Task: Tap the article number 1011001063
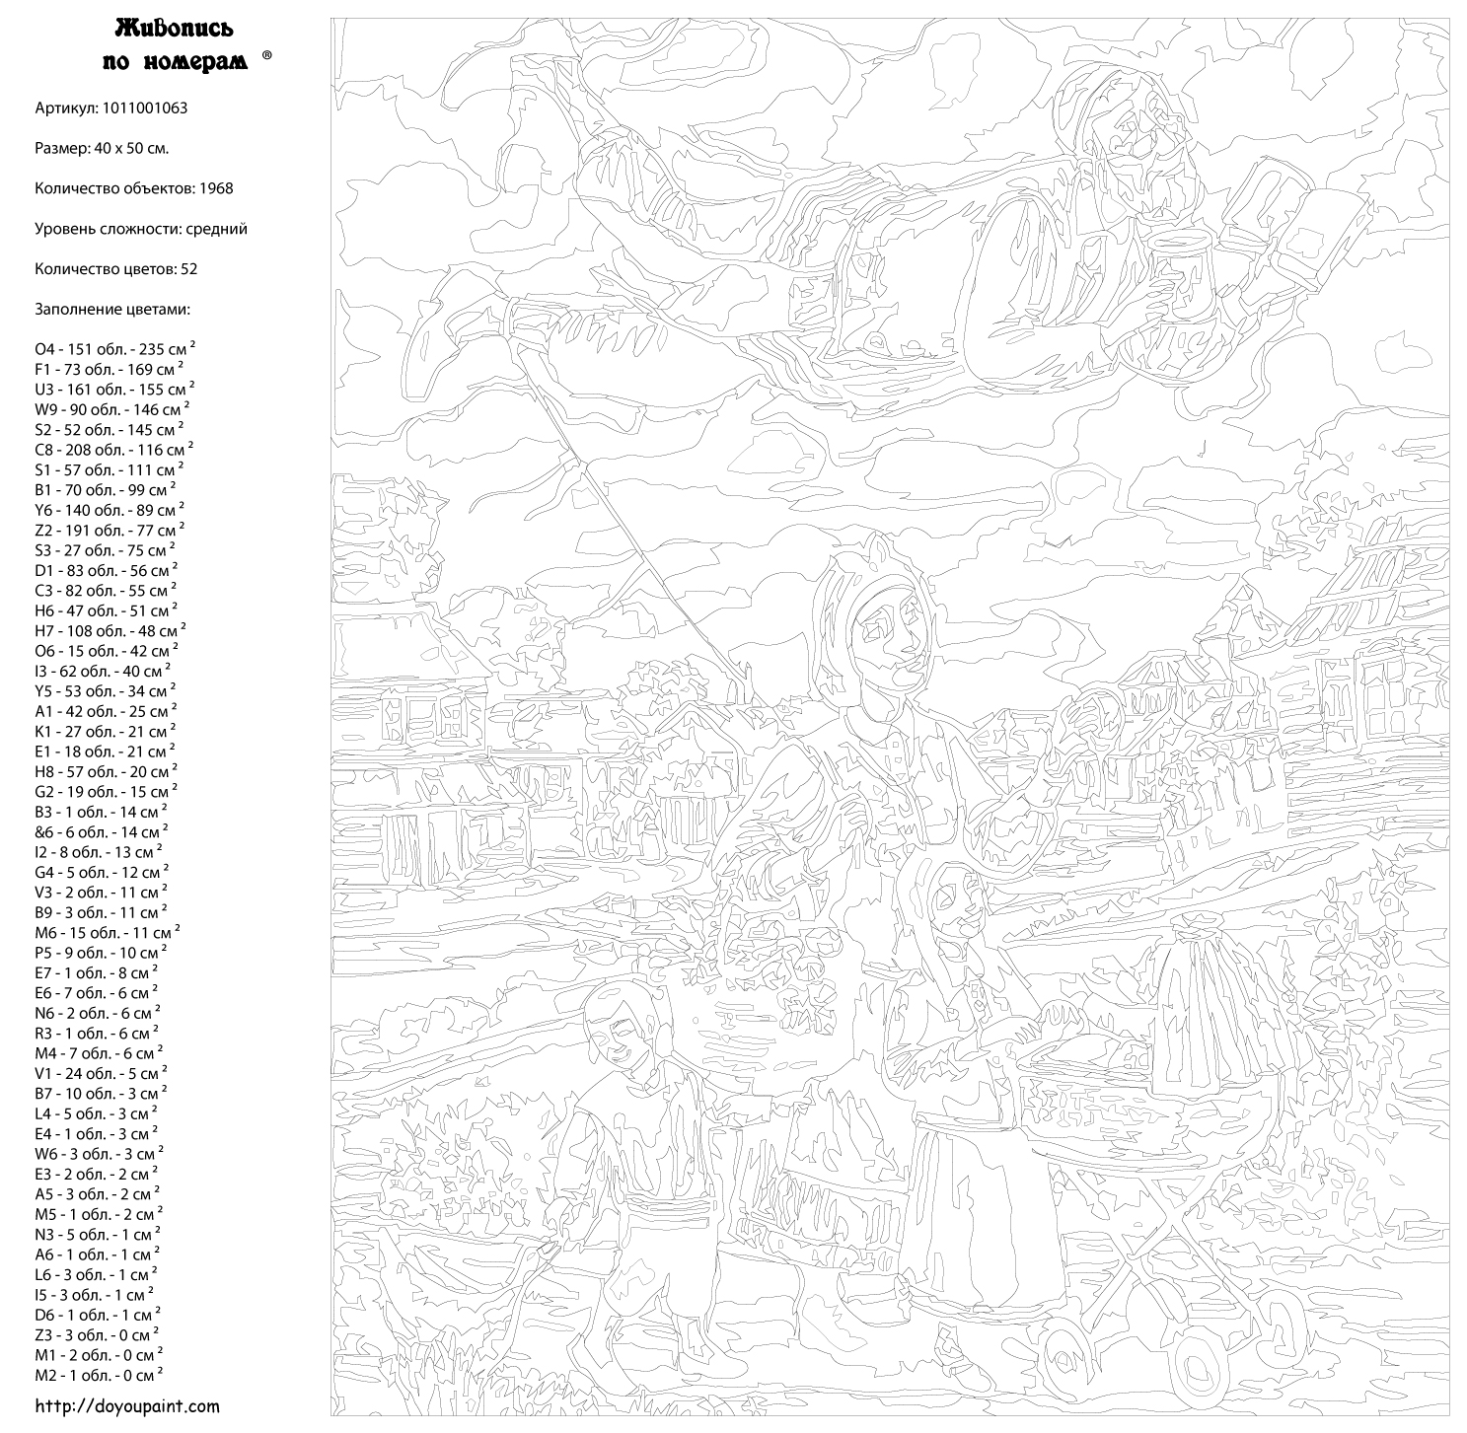(x=144, y=107)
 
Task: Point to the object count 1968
(x=215, y=187)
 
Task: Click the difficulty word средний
(x=216, y=228)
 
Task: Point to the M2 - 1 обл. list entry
(x=99, y=1374)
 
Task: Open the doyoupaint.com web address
(x=127, y=1406)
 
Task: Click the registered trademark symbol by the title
(x=266, y=57)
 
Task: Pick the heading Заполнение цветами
(x=112, y=309)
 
